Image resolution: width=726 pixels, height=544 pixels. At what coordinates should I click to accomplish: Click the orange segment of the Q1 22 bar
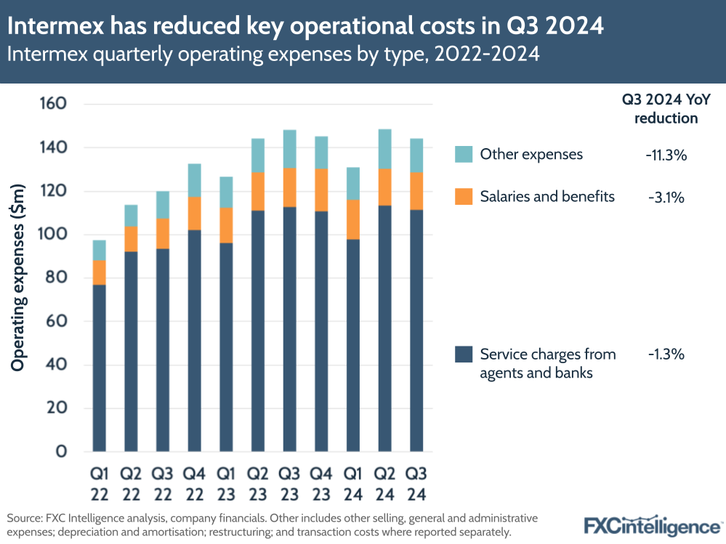100,272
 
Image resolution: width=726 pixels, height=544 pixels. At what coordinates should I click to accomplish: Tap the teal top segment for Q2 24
385,149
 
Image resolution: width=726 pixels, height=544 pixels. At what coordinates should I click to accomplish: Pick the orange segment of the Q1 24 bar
354,219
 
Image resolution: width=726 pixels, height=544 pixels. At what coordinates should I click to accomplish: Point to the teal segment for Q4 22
195,180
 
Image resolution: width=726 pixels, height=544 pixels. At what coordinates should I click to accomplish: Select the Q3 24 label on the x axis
417,482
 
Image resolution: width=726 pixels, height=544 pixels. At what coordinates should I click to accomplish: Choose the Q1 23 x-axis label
227,482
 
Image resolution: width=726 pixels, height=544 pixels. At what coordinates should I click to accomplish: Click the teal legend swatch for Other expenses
464,154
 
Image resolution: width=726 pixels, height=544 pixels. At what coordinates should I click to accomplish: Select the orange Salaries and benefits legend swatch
464,197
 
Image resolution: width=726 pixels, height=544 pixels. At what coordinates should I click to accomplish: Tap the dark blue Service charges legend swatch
464,354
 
